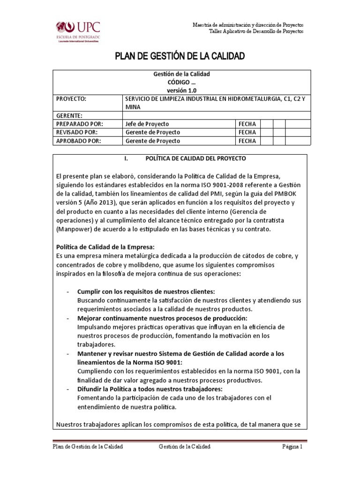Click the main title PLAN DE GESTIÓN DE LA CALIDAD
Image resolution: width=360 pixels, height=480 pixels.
[180, 57]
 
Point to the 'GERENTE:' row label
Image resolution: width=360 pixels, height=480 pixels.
[69, 115]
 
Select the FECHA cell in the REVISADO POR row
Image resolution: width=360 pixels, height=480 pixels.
[247, 132]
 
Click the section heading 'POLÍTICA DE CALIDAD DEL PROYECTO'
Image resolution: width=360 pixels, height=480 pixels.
[195, 158]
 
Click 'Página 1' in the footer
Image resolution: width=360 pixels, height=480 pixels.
[293, 447]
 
